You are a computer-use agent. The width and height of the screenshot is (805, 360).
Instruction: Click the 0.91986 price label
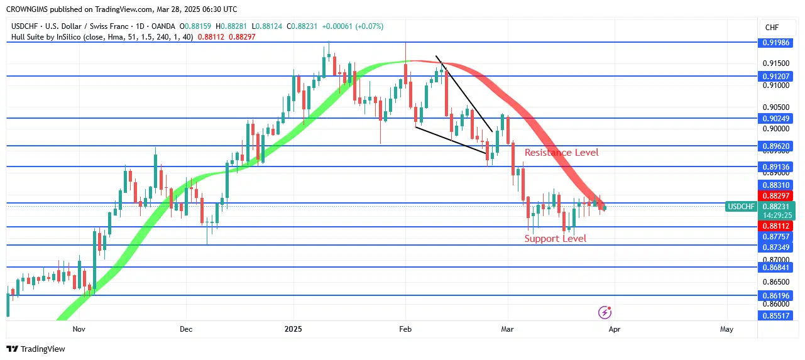[776, 43]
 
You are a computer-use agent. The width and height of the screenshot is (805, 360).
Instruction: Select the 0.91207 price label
[776, 76]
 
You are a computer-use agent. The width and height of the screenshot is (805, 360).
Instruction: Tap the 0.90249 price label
[776, 118]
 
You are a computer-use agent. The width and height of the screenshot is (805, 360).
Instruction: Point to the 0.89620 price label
[776, 146]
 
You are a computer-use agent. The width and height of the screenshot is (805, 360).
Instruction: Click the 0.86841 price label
[776, 268]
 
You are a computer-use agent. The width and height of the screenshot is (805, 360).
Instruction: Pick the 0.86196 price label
[776, 295]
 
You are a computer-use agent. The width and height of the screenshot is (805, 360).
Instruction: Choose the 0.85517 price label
[776, 315]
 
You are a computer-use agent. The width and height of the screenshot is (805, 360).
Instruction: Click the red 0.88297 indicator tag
[776, 196]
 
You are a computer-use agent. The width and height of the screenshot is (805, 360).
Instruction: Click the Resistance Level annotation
[561, 153]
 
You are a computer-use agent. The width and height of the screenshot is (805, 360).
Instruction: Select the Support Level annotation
[555, 239]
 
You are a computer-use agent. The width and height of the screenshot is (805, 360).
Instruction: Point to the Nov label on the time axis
[79, 329]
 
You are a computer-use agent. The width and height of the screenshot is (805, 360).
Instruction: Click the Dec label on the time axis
[186, 329]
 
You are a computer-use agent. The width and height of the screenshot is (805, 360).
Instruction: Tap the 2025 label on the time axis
[293, 329]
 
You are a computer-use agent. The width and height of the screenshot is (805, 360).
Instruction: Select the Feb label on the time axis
[405, 329]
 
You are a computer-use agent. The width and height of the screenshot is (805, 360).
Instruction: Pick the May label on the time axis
[726, 329]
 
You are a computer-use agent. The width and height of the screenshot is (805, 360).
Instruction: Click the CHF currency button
[771, 27]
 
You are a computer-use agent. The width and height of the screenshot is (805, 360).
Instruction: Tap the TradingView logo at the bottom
[36, 349]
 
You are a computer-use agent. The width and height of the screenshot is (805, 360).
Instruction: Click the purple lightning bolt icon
[605, 312]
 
